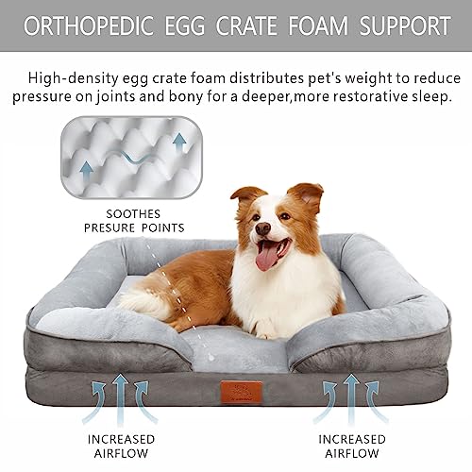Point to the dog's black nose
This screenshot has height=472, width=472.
pos(261,229)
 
